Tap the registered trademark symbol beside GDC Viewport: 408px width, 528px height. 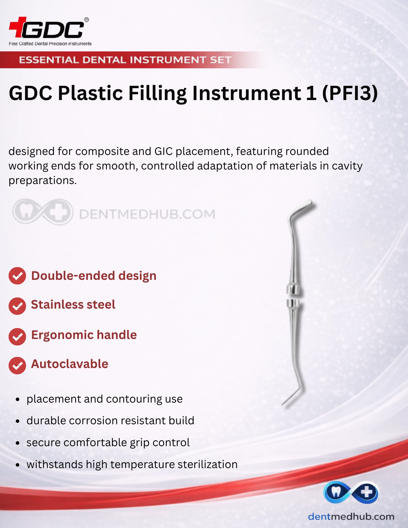tap(86, 20)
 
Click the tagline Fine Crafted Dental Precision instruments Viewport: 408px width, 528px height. tap(50, 44)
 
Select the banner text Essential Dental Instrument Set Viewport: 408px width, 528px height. tap(125, 60)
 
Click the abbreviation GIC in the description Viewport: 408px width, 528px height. tap(163, 151)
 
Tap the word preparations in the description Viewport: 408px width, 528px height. tap(43, 181)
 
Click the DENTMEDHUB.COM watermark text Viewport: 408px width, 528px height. tap(147, 214)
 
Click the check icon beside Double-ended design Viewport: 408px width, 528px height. tap(17, 276)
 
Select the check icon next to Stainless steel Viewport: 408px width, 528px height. tap(17, 306)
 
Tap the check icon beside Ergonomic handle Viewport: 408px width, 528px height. tap(17, 337)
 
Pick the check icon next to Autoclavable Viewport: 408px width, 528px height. tap(17, 366)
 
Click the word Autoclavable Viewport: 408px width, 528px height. tap(70, 364)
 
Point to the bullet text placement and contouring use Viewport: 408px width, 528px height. tap(105, 399)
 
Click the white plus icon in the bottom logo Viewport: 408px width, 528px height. tap(367, 492)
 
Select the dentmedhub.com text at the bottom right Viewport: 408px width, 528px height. tap(351, 516)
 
